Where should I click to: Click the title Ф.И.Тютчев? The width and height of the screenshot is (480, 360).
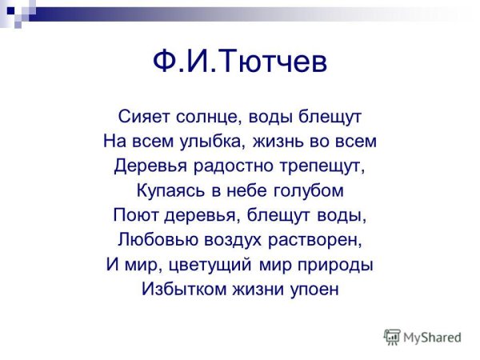[240, 63]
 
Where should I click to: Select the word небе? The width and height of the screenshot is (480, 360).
[242, 191]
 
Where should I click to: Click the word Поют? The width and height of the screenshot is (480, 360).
[134, 216]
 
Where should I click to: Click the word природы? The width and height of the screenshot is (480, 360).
[335, 265]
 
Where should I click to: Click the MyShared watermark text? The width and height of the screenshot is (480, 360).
[432, 337]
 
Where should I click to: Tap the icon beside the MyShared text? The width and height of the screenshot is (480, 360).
[391, 337]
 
